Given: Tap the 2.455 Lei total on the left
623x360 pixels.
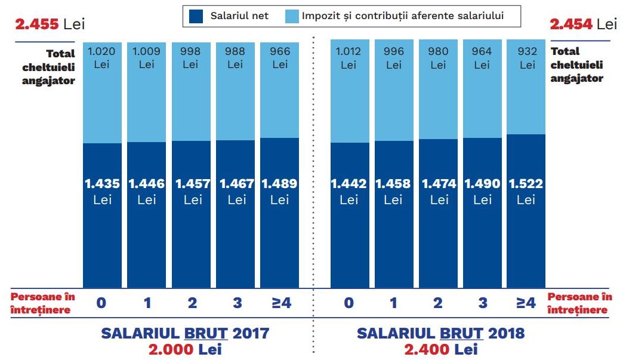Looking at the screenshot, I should pyautogui.click(x=50, y=24).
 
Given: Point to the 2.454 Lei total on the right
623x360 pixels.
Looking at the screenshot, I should pyautogui.click(x=583, y=24).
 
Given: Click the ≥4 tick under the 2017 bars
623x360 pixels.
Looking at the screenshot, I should pyautogui.click(x=280, y=303).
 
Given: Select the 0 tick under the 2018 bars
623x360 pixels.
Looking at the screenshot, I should pyautogui.click(x=349, y=303).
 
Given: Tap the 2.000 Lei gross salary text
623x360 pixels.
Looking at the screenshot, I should pyautogui.click(x=185, y=349).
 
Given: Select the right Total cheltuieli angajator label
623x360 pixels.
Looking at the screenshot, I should pyautogui.click(x=576, y=64).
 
